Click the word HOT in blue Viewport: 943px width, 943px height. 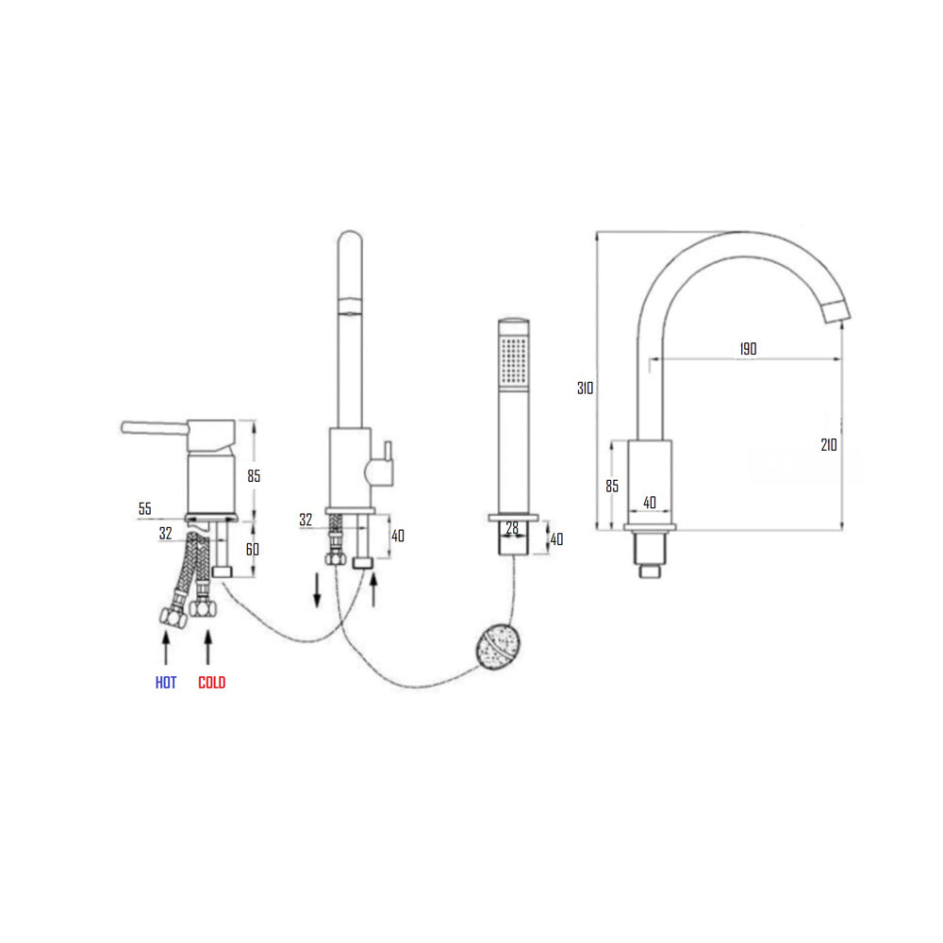tap(166, 683)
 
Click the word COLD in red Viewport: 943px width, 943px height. tap(212, 683)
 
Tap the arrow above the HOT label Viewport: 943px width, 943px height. tap(166, 650)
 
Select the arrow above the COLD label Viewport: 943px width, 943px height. tap(209, 650)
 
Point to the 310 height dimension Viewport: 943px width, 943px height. tap(585, 388)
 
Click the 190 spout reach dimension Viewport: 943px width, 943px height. tap(747, 349)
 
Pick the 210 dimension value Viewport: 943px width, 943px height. tap(828, 445)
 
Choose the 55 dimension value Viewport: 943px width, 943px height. tap(144, 509)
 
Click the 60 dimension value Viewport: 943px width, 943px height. tap(254, 549)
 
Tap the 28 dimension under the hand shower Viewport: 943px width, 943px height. tap(512, 529)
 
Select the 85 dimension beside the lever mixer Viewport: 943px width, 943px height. tap(254, 476)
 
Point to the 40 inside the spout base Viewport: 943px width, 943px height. tap(650, 503)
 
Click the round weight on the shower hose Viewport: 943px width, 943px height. tap(497, 646)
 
